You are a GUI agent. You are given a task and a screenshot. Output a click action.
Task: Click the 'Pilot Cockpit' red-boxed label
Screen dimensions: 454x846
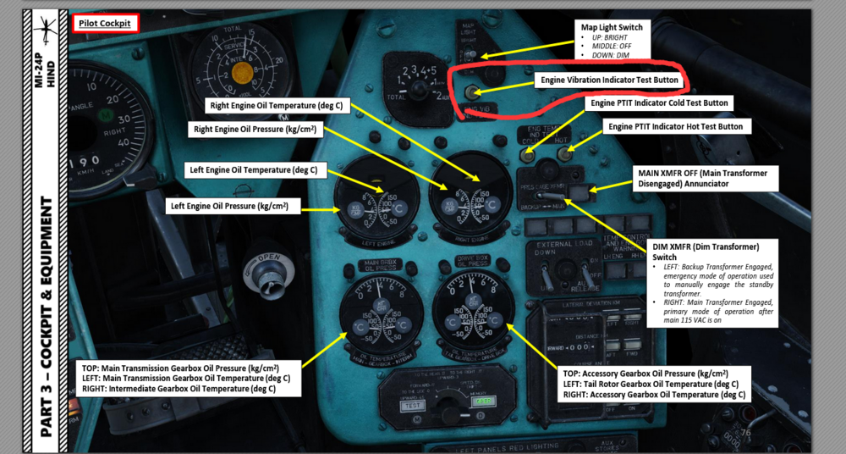(x=105, y=24)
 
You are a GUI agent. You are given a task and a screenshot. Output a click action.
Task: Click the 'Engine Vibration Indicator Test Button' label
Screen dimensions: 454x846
(x=607, y=80)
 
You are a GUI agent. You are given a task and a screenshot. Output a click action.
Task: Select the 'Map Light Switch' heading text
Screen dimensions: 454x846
(x=612, y=27)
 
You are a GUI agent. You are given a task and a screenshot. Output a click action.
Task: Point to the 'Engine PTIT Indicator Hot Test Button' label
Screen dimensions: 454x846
(x=675, y=127)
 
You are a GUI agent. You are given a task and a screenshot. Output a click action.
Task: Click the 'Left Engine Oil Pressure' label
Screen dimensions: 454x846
(x=229, y=205)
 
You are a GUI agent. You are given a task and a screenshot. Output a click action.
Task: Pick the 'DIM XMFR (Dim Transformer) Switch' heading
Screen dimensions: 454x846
(x=706, y=252)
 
